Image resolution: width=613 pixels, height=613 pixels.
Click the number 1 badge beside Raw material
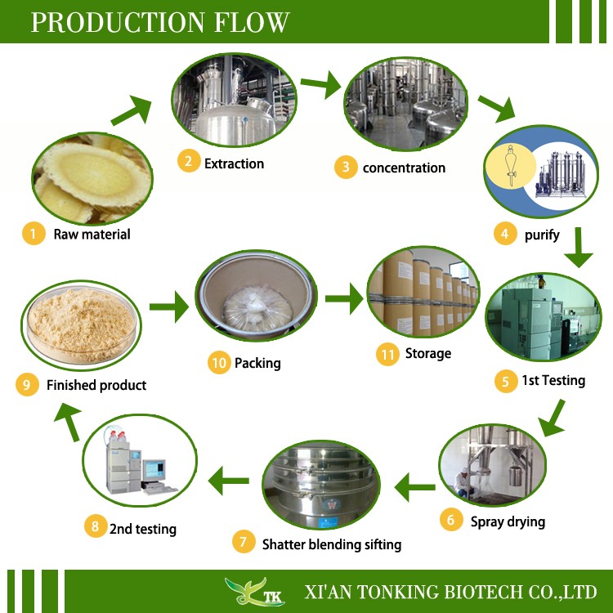pos(34,234)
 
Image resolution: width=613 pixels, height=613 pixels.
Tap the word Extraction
pos(234,163)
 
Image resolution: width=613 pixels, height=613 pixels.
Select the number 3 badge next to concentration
pos(346,168)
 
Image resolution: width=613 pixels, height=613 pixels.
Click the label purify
pos(542,235)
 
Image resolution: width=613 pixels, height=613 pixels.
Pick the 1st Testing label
pos(553,380)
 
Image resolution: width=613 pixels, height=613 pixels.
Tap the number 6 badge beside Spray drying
pos(450,520)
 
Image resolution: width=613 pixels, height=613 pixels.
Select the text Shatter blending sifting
pos(332,544)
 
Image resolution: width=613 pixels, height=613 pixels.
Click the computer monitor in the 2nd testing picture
pos(152,468)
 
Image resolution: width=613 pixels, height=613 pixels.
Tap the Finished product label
pos(96,385)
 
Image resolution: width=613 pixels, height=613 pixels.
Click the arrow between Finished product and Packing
pos(168,309)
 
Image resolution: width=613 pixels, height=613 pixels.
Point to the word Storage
pos(427,354)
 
